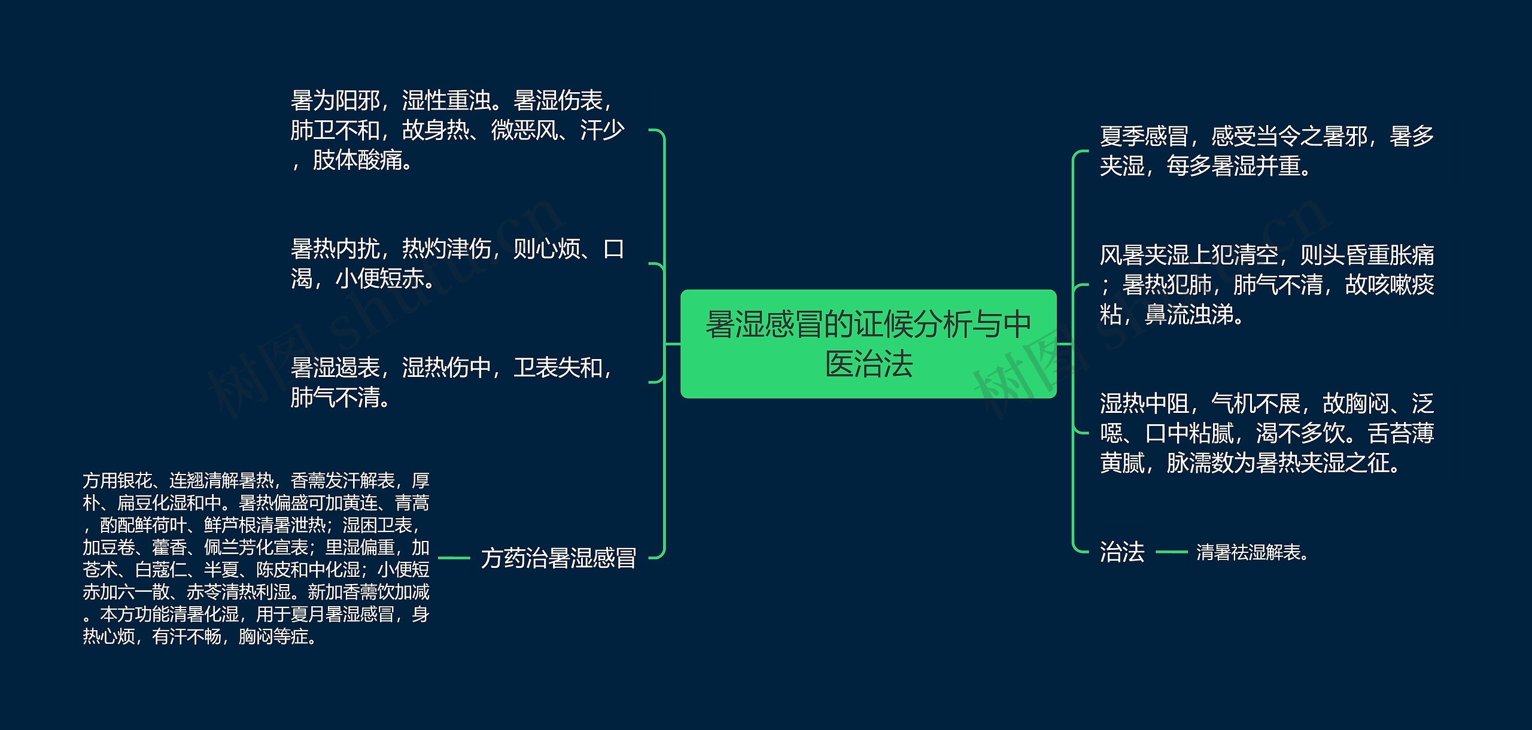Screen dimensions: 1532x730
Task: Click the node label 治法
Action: point(1121,552)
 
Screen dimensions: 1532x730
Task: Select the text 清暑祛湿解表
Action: point(1251,552)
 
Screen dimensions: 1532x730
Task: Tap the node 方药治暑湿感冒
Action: point(558,558)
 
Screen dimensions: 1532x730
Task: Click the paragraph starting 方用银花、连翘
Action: point(256,558)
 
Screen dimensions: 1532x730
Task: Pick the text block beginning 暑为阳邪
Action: point(457,130)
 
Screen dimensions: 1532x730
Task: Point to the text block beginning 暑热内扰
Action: point(457,263)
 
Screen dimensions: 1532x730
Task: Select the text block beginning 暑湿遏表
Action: point(452,382)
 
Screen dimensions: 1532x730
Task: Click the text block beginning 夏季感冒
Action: point(1266,151)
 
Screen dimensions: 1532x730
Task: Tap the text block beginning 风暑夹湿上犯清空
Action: point(1266,285)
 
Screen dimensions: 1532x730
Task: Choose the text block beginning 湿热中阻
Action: point(1266,433)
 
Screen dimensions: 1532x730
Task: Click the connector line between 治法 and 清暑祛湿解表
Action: point(1171,552)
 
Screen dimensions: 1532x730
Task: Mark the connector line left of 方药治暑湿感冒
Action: point(454,558)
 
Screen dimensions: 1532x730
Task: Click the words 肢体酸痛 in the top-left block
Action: point(361,160)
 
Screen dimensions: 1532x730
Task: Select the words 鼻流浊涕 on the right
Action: point(1193,315)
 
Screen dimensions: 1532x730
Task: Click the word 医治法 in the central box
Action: point(868,364)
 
